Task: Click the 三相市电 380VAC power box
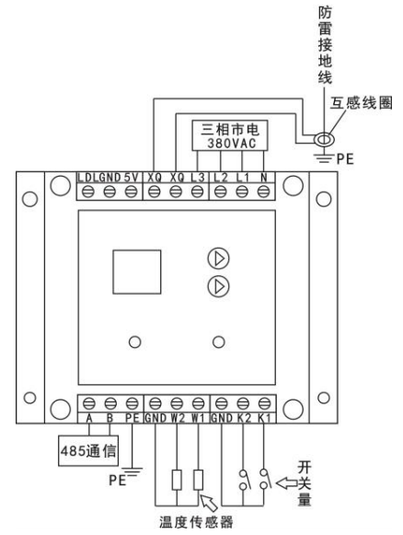coord(229,135)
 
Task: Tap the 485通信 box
coord(88,450)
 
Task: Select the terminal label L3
coord(198,178)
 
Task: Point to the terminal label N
coord(263,178)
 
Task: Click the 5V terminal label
coord(131,178)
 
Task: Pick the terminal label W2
coord(177,418)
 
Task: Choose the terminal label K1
coord(263,418)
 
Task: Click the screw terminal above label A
coord(89,403)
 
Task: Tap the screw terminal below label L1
coord(242,192)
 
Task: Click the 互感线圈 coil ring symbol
coord(323,139)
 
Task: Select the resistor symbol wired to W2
coord(177,480)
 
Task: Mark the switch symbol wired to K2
coord(244,480)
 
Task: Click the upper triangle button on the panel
coord(219,258)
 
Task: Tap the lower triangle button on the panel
coord(219,286)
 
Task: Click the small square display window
coord(137,272)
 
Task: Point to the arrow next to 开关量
coord(285,483)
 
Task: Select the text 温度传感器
coord(196,522)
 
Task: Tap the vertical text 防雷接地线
coord(325,45)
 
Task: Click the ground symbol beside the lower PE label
coord(134,471)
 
